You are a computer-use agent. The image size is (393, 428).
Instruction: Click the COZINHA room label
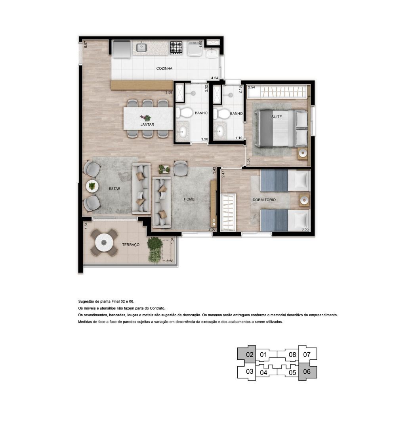click(164, 69)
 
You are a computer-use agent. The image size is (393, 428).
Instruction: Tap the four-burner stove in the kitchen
click(176, 47)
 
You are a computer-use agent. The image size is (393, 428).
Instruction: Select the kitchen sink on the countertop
click(142, 48)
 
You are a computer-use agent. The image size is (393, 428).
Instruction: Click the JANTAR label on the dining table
click(147, 124)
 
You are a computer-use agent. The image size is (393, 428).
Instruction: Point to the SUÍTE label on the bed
click(277, 117)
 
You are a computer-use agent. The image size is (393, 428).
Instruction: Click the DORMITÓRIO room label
click(264, 200)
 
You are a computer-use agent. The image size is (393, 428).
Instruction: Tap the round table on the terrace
click(104, 243)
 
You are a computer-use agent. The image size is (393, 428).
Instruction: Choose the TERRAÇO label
click(131, 245)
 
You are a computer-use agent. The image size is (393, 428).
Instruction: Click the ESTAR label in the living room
click(114, 189)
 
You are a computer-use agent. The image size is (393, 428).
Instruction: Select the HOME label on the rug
click(189, 199)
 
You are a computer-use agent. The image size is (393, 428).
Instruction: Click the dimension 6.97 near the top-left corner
click(86, 44)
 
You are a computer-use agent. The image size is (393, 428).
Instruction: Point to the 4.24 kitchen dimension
click(214, 78)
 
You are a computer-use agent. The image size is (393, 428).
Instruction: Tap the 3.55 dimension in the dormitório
click(305, 229)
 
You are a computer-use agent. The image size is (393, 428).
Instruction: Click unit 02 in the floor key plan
click(250, 355)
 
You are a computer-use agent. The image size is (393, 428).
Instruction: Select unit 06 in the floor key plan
click(307, 371)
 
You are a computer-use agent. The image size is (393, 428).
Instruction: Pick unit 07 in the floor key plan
click(307, 355)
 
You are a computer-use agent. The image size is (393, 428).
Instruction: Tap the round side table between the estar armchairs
click(92, 186)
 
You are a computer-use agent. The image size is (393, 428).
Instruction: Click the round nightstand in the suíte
click(303, 153)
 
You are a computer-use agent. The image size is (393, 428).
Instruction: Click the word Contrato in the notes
click(158, 308)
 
